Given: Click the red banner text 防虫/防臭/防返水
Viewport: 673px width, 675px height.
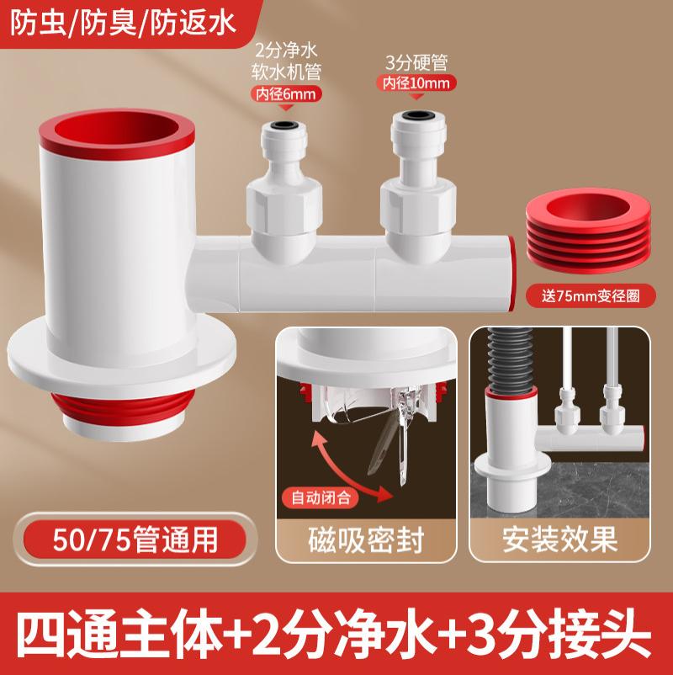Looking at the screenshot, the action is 123,24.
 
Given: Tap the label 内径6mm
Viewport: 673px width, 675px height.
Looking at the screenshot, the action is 286,94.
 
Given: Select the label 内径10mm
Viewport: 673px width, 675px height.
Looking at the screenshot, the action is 416,82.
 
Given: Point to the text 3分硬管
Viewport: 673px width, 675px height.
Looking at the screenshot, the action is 416,62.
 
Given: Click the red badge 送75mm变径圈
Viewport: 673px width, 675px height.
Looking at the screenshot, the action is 591,296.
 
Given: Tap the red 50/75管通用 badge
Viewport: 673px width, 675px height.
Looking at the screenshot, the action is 135,539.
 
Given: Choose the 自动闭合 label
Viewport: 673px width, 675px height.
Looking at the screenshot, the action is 321,497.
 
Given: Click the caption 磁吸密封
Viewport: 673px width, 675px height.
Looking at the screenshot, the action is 366,539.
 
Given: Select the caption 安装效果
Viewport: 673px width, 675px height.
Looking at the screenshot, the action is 559,539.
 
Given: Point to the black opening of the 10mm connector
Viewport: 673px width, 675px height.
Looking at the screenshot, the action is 416,115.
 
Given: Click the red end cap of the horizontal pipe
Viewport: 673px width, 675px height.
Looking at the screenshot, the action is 511,273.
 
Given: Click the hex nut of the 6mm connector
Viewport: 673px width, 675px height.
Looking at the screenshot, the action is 284,208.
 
